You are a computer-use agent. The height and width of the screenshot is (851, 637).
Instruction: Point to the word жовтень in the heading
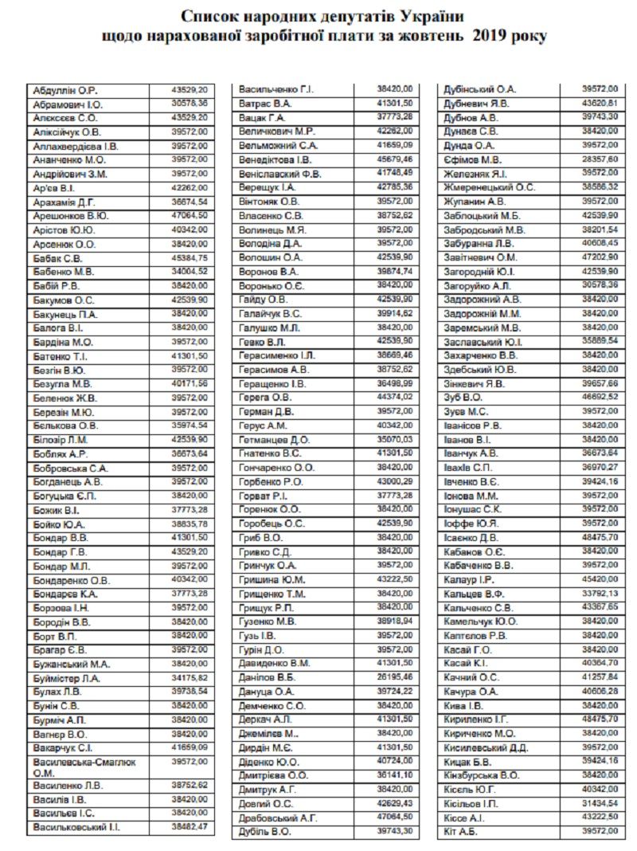tap(432, 37)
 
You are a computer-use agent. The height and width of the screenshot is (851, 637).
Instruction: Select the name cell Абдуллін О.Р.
tap(65, 90)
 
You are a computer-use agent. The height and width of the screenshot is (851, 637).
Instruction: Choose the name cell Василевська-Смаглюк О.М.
tap(84, 767)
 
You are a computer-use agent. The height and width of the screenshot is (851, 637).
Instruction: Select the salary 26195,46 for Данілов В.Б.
tap(396, 676)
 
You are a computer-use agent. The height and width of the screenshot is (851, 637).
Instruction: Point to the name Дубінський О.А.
tap(479, 89)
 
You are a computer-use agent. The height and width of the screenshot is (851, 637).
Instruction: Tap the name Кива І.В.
tap(463, 705)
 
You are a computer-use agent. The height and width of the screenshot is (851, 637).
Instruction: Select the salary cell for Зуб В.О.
tap(601, 396)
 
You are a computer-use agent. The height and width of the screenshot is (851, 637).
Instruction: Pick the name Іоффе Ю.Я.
tap(471, 523)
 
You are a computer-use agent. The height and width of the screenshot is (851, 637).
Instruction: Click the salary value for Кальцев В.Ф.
tap(601, 593)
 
